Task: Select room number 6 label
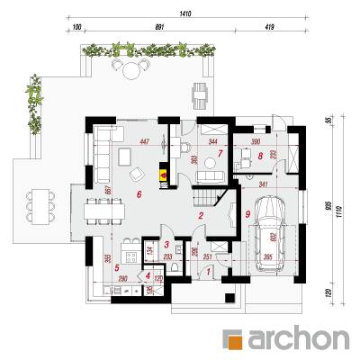click(138, 193)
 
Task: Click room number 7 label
click(219, 154)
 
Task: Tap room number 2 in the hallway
click(202, 216)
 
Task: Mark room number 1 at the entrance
click(209, 267)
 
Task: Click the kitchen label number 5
click(117, 267)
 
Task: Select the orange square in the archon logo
click(235, 339)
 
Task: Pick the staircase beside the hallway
click(208, 190)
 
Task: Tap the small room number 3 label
click(167, 244)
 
